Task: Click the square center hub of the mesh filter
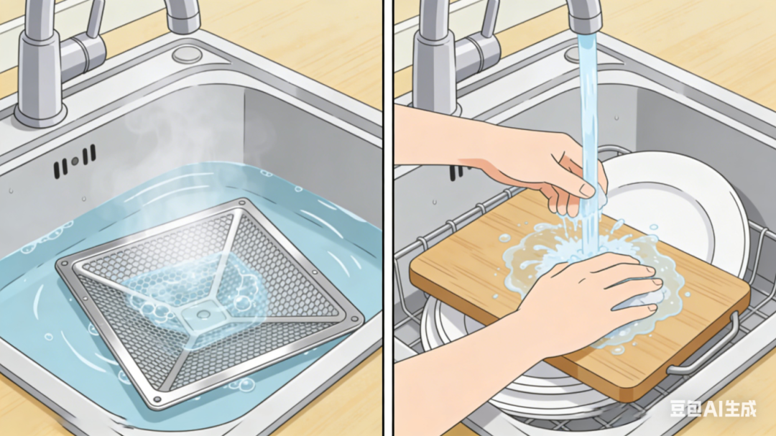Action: pos(203,315)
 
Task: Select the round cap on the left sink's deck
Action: pos(187,54)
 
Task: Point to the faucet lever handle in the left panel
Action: pos(95,20)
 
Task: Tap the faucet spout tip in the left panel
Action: pos(184,24)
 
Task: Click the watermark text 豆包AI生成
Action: pos(713,408)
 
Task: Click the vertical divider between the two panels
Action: pos(388,218)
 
